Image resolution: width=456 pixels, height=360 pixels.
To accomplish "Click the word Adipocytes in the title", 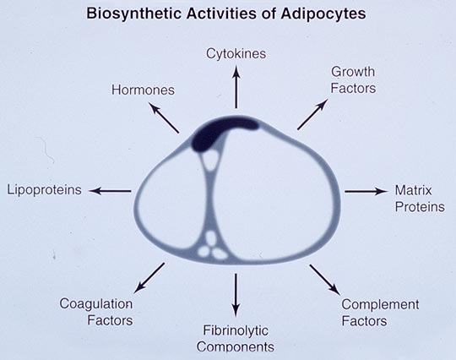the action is click(x=323, y=14).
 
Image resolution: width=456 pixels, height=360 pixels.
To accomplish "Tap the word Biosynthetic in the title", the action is click(x=135, y=14).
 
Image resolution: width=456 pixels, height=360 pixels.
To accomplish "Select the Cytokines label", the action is click(x=236, y=54).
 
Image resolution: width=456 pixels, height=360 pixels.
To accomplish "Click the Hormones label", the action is click(x=143, y=90).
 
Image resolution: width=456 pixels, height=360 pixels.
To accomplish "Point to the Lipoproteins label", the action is click(x=44, y=190).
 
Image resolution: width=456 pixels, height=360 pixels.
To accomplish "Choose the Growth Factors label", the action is click(x=353, y=80).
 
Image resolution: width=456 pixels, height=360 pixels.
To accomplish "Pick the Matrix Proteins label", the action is click(x=420, y=199).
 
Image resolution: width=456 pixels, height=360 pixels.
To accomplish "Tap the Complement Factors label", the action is click(x=380, y=313).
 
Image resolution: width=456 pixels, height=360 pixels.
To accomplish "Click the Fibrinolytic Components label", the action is click(x=236, y=339).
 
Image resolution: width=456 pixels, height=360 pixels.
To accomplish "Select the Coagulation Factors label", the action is click(x=96, y=312).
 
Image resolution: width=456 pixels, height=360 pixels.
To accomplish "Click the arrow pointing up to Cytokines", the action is click(x=236, y=87).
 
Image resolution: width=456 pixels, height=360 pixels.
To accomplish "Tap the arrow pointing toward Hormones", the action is click(x=164, y=117).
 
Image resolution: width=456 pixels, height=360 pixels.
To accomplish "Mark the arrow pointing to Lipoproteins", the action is click(x=110, y=191).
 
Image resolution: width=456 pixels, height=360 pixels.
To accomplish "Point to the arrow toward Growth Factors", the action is click(x=313, y=114).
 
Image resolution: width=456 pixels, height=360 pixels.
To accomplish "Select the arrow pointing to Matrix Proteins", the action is click(x=366, y=191).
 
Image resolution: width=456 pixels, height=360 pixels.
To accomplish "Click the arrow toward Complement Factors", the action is click(x=324, y=280).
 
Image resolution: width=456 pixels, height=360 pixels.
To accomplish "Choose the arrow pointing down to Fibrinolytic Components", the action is click(x=236, y=295).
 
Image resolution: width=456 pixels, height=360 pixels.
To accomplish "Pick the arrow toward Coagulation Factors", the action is click(x=149, y=278).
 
